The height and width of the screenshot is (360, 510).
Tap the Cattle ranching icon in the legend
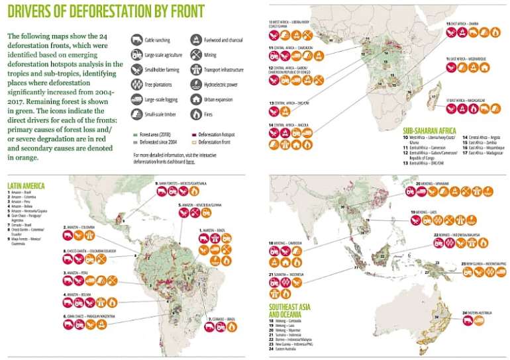pyautogui.click(x=137, y=39)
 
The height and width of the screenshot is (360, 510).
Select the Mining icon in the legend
pyautogui.click(x=196, y=54)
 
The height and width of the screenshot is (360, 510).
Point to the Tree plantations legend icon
pyautogui.click(x=137, y=84)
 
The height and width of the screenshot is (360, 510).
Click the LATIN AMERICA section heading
pyautogui.click(x=26, y=186)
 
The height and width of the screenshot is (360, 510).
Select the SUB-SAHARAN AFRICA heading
pyautogui.click(x=431, y=130)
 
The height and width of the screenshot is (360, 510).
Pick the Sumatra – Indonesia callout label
pyautogui.click(x=287, y=273)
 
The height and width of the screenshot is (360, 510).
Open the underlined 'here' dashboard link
pyautogui.click(x=190, y=161)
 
